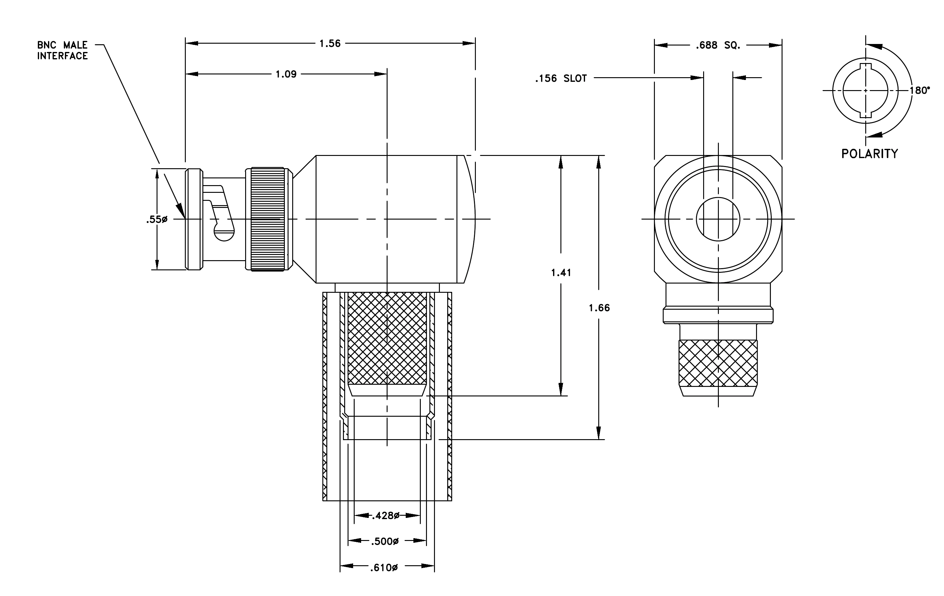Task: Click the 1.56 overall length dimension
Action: [330, 43]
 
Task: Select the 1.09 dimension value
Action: [286, 74]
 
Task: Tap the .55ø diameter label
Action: [157, 220]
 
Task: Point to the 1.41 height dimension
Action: [561, 273]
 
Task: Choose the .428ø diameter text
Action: [385, 516]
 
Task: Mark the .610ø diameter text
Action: [384, 568]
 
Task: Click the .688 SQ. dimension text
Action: [718, 46]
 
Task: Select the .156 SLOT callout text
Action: [561, 78]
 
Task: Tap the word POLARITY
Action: [870, 153]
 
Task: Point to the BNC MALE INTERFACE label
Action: [62, 50]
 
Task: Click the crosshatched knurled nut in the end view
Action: [718, 363]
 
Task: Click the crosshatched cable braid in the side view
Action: [387, 338]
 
